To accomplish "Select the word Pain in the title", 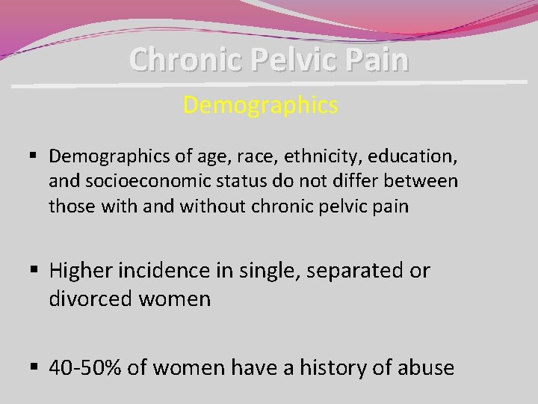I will (x=379, y=59).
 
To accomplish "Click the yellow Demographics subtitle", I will (x=260, y=105).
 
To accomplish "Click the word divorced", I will (x=90, y=299).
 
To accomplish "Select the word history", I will (x=338, y=367).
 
